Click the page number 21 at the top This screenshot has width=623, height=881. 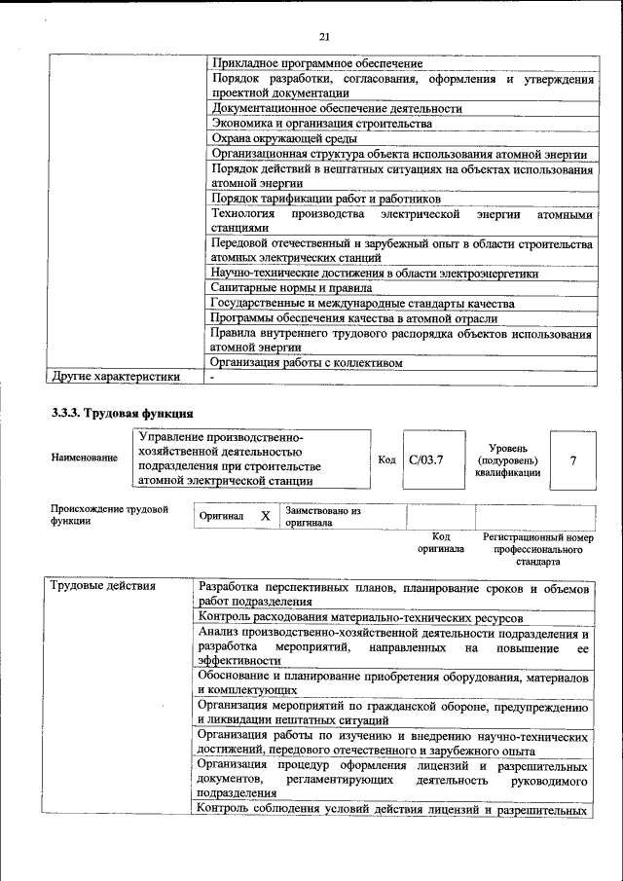coord(325,37)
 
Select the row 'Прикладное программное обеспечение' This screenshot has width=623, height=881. coord(316,63)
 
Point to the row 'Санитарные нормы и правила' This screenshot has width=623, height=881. coord(292,288)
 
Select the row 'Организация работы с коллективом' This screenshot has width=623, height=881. coord(307,364)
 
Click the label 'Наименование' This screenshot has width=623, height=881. coord(85,458)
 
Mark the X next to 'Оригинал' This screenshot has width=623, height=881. coord(265,516)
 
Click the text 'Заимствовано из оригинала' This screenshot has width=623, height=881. coord(323,516)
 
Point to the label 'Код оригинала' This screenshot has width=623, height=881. coord(441,543)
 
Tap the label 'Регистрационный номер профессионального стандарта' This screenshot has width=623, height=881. coord(538,549)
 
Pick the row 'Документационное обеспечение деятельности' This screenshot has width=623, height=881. coord(337,108)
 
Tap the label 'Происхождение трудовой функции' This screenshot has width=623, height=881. coord(109,515)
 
